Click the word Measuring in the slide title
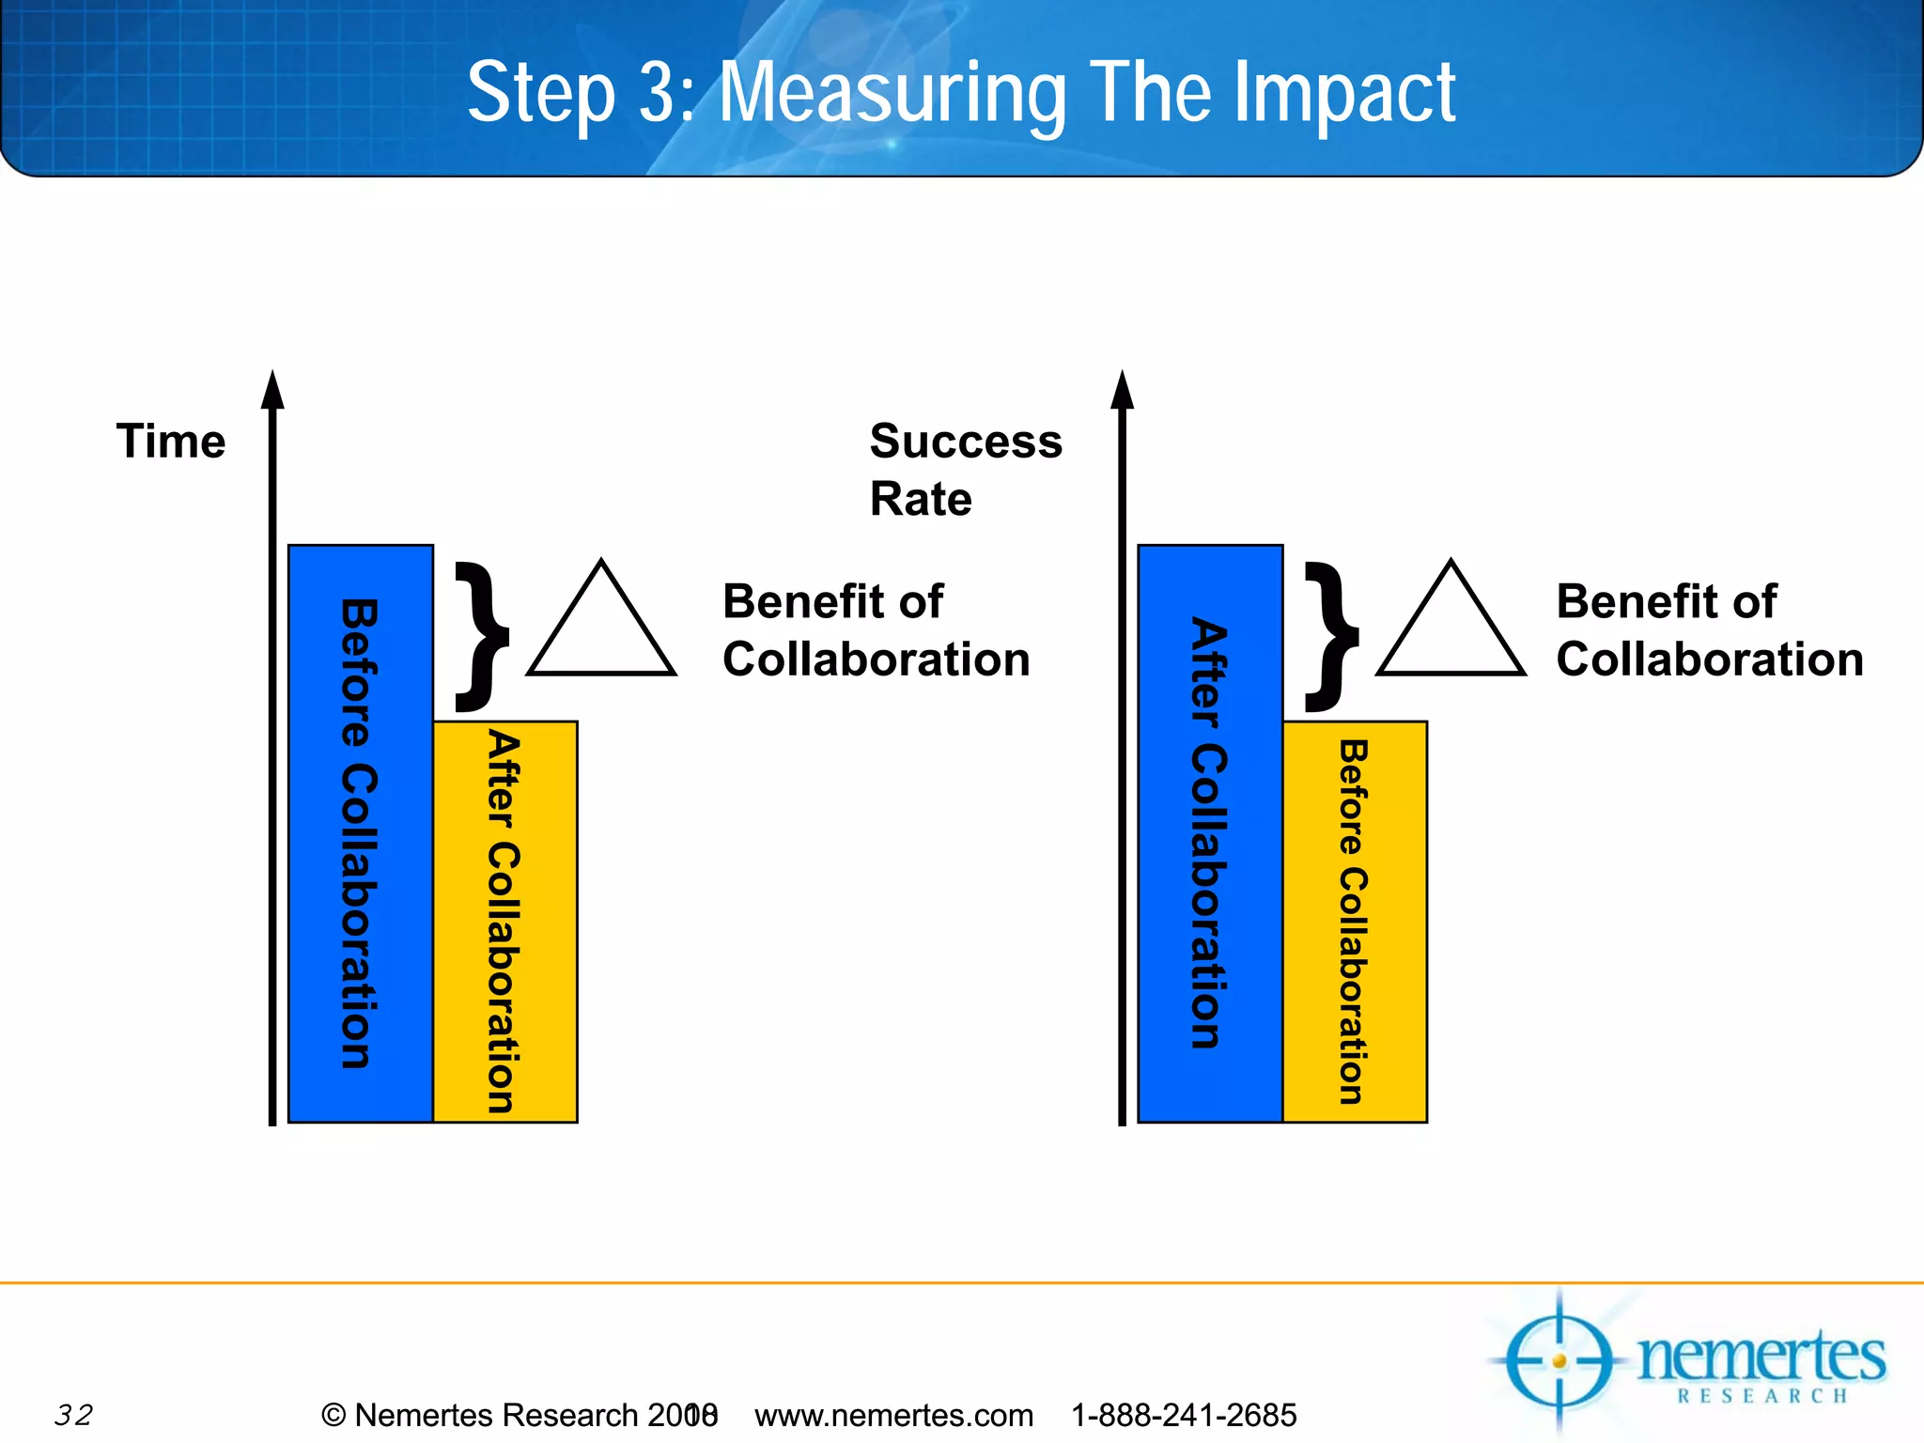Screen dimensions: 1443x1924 [892, 94]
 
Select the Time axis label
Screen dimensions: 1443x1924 [171, 442]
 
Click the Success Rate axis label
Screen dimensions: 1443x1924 [965, 469]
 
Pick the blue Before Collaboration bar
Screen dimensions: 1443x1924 [361, 833]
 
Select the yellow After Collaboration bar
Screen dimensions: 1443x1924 [505, 922]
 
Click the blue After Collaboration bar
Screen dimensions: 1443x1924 [1210, 833]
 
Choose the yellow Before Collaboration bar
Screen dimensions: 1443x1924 [1355, 922]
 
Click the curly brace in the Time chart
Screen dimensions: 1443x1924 [482, 636]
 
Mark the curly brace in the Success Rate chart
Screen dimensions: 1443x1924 [1331, 636]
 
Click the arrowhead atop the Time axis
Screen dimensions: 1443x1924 [272, 390]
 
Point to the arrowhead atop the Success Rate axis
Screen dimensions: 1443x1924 [1122, 390]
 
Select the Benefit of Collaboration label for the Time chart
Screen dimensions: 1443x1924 [876, 629]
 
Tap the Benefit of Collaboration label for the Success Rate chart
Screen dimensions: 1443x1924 [1709, 629]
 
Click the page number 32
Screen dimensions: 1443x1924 [73, 1414]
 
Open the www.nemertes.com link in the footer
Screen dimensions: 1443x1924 [893, 1414]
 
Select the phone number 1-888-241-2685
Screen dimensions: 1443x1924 [1184, 1414]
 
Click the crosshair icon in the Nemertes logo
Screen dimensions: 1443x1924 [1559, 1360]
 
